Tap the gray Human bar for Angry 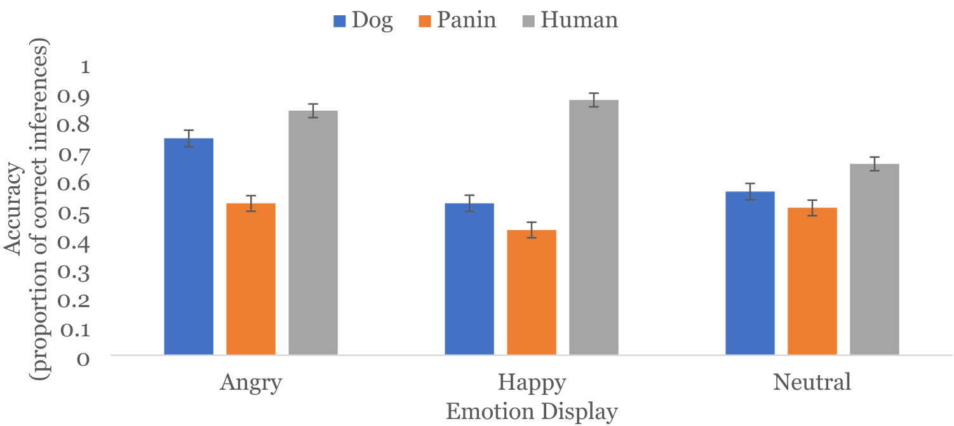coord(313,232)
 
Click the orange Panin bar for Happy coord(532,292)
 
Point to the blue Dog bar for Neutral coord(750,273)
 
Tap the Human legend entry coord(571,20)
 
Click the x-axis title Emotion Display coord(532,412)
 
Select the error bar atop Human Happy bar coord(594,100)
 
